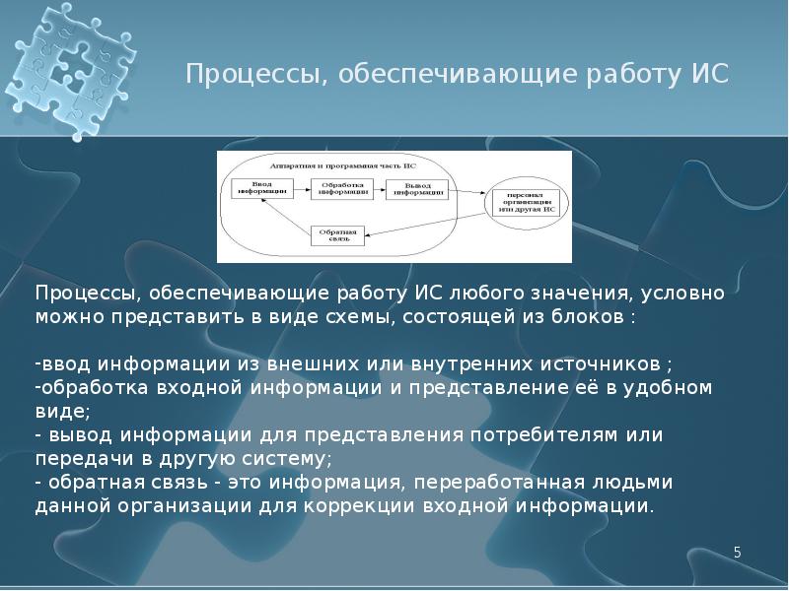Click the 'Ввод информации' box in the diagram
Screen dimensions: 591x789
pyautogui.click(x=259, y=187)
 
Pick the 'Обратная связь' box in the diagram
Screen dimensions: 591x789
pyautogui.click(x=340, y=234)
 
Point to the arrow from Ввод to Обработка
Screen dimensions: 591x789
pyautogui.click(x=300, y=187)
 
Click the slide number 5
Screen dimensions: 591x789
pyautogui.click(x=737, y=553)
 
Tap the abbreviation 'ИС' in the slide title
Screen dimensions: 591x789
pyautogui.click(x=712, y=75)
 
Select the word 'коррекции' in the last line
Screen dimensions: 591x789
pyautogui.click(x=400, y=506)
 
